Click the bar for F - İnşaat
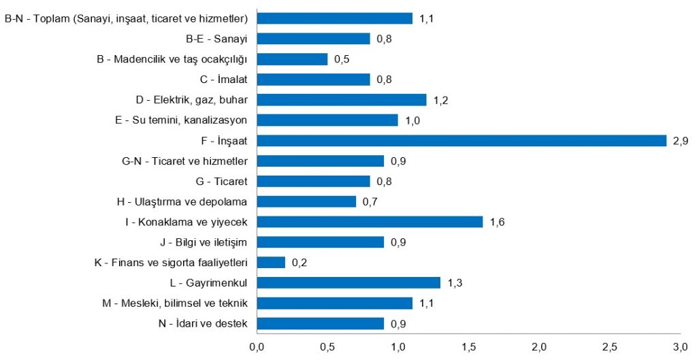461,141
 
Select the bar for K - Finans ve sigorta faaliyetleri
271,263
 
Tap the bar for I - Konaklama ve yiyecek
370,222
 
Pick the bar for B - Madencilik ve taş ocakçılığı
292,59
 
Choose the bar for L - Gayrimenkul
348,283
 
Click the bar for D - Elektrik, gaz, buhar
342,100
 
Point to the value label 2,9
681,141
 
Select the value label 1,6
497,222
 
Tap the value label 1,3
455,283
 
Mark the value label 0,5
342,59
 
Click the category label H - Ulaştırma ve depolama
182,201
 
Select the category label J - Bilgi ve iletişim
202,242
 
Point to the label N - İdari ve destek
202,324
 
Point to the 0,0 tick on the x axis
257,348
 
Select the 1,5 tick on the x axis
468,348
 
